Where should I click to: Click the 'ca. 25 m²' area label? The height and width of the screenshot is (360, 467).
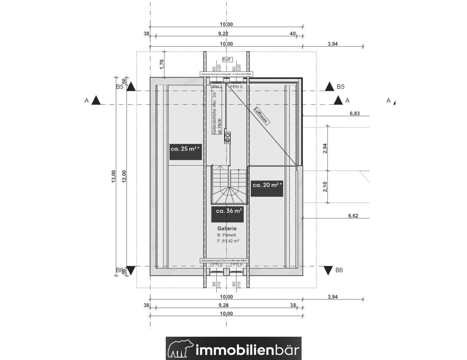[x=186, y=149]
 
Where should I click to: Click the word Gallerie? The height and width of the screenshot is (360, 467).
[x=227, y=229]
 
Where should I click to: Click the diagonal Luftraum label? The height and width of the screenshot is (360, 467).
[x=262, y=116]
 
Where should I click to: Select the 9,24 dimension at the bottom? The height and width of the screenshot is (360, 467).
[x=224, y=306]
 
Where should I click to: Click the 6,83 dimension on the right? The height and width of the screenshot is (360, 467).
[x=354, y=113]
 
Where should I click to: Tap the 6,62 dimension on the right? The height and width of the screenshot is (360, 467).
[x=353, y=216]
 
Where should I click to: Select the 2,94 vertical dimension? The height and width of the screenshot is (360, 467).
[x=325, y=149]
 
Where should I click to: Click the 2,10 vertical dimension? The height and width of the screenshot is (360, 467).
[x=325, y=186]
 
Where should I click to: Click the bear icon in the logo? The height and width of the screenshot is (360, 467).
[x=181, y=349]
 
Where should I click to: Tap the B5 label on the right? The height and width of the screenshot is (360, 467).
[x=340, y=87]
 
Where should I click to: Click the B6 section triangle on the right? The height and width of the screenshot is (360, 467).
[x=329, y=270]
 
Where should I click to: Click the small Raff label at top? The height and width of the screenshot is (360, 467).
[x=227, y=59]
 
